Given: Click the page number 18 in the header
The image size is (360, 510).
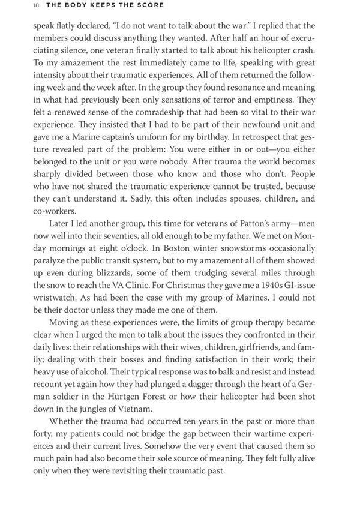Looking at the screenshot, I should (19, 5).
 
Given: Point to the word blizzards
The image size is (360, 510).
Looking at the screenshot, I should (117, 274).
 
